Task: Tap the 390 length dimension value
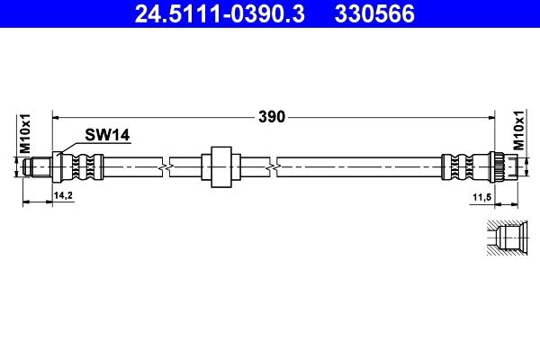point(272,116)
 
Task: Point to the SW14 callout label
point(108,135)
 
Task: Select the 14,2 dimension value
point(64,194)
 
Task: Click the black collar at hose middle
point(220,166)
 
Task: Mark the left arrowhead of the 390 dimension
point(58,116)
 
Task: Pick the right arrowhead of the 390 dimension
point(495,116)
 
